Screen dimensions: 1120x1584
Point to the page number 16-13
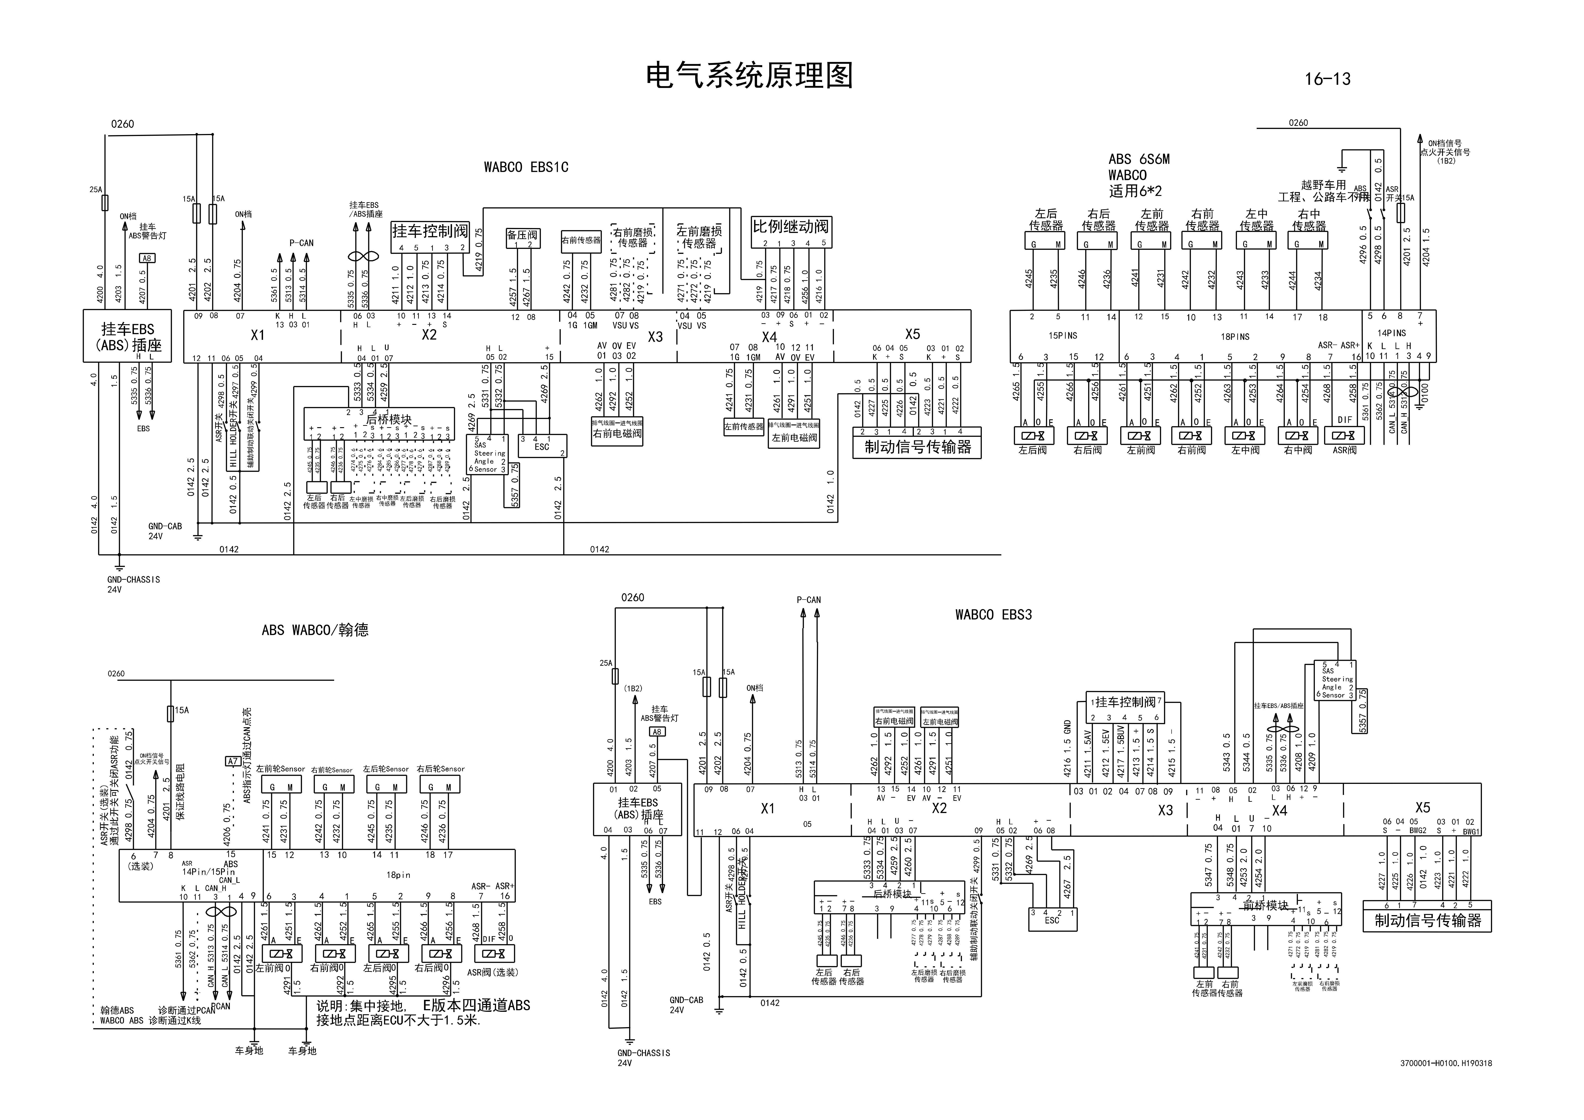pyautogui.click(x=1327, y=79)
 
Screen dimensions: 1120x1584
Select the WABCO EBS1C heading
pyautogui.click(x=526, y=167)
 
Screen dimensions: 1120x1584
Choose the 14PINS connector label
pyautogui.click(x=1391, y=333)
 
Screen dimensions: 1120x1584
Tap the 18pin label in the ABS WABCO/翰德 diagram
pyautogui.click(x=398, y=874)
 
